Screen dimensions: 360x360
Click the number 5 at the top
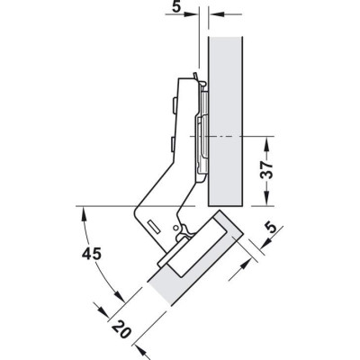[177, 6]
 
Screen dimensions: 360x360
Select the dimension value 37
[266, 170]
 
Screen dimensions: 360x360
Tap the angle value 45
[93, 254]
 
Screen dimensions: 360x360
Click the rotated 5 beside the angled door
[271, 228]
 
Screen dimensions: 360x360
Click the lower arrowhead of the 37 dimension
[266, 199]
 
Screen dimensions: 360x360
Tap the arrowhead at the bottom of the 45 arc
[119, 296]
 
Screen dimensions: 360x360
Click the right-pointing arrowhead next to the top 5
[191, 14]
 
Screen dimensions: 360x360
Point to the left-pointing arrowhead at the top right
[216, 14]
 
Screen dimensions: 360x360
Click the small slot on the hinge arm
[154, 227]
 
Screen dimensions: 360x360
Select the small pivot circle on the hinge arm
[175, 228]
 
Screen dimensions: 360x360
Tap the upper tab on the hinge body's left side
[174, 106]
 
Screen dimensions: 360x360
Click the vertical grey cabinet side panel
[226, 121]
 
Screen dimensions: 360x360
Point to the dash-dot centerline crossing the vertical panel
[231, 137]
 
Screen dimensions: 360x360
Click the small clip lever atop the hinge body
[196, 76]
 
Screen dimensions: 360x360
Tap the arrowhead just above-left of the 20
[101, 310]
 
